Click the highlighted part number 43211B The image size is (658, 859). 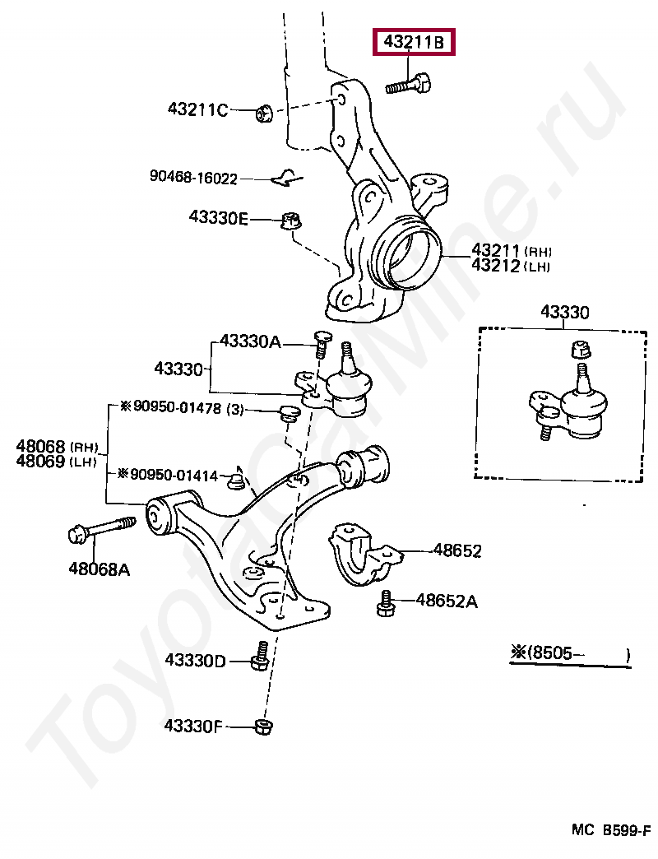413,43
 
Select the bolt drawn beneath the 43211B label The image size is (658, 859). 410,84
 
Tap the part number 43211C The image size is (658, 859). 197,109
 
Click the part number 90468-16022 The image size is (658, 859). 193,177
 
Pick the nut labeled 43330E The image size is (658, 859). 290,221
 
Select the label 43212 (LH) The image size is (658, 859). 510,266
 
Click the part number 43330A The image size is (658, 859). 250,341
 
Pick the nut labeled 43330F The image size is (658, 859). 264,726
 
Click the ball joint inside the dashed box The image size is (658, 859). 576,403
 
